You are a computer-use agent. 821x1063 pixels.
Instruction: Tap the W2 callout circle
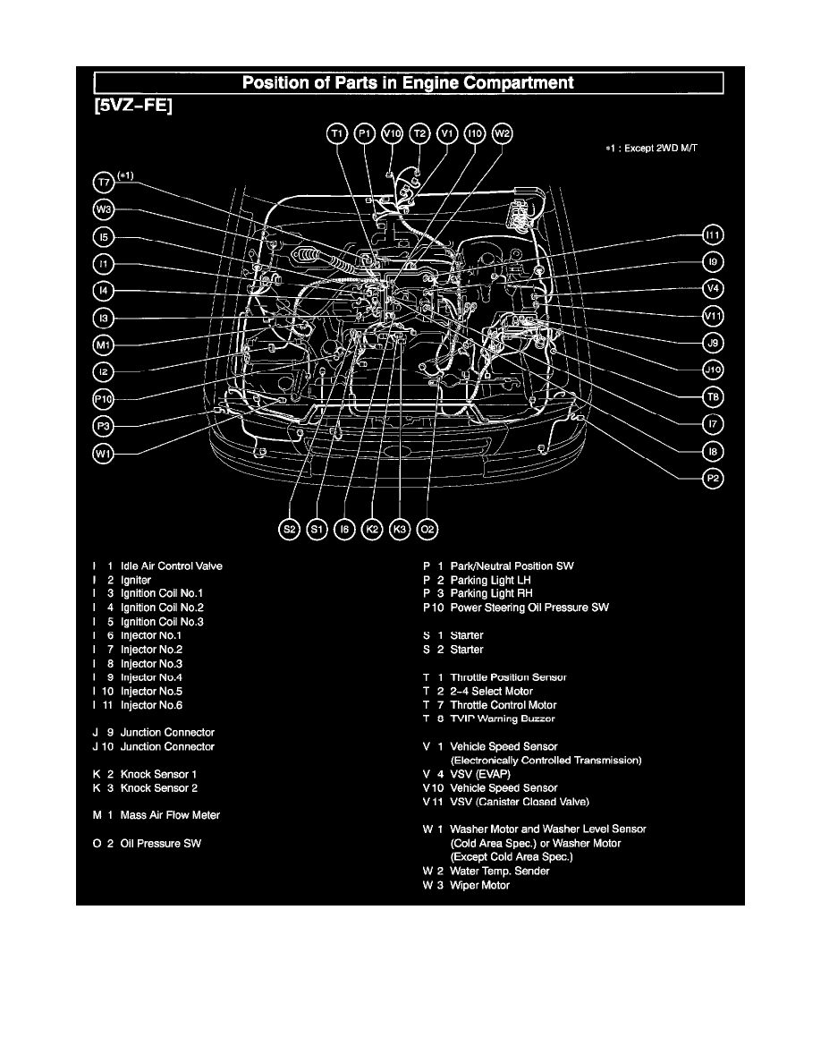click(x=503, y=134)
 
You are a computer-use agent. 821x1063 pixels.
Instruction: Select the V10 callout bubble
click(x=392, y=134)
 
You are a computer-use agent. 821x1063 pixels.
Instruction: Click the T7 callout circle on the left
click(x=105, y=183)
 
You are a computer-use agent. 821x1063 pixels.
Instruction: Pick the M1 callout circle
click(x=105, y=344)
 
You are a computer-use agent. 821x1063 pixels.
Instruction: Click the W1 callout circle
click(x=105, y=454)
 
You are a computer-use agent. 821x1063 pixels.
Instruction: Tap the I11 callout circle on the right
click(x=713, y=235)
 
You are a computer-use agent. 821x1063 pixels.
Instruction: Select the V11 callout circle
click(x=713, y=316)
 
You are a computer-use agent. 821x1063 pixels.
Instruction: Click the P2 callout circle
click(x=713, y=479)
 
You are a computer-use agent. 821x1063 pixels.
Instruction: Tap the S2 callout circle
click(x=289, y=530)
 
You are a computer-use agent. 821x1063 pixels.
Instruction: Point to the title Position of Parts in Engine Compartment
click(x=409, y=83)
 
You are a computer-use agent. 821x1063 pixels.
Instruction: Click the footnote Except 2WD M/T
click(x=650, y=149)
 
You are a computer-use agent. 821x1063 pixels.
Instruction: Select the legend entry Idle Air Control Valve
click(x=171, y=566)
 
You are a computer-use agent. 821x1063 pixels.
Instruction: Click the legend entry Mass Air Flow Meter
click(x=170, y=815)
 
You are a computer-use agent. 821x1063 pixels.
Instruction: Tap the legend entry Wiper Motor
click(x=479, y=885)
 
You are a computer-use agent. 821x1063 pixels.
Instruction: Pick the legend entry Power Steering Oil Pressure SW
click(x=529, y=608)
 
